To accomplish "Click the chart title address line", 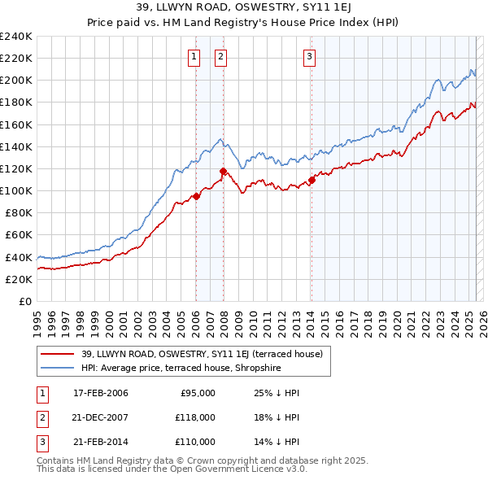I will pyautogui.click(x=243, y=8).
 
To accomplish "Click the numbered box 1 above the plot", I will pyautogui.click(x=195, y=56).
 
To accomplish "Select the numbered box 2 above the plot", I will pyautogui.click(x=221, y=56).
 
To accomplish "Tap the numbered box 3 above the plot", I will pyautogui.click(x=311, y=56).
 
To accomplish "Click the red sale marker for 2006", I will pyautogui.click(x=196, y=196).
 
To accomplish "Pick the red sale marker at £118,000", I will pyautogui.click(x=223, y=171).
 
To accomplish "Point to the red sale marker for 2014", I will pyautogui.click(x=312, y=180).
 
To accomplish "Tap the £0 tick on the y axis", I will pyautogui.click(x=24, y=301).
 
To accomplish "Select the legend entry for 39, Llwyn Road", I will pyautogui.click(x=202, y=354).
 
